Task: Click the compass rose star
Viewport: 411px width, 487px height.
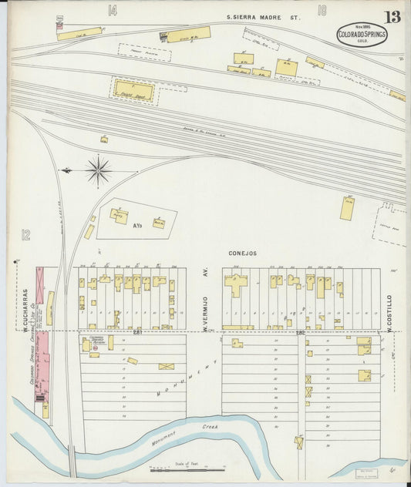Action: (x=99, y=170)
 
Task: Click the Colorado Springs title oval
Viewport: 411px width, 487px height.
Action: (x=362, y=34)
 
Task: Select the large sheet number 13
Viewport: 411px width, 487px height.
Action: (x=392, y=16)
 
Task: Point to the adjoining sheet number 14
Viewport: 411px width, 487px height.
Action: (x=113, y=10)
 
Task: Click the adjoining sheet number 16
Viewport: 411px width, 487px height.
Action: (x=322, y=10)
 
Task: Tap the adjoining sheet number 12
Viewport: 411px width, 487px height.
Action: (x=25, y=234)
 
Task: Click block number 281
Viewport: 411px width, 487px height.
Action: (x=138, y=332)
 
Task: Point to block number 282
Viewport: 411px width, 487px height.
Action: (x=299, y=332)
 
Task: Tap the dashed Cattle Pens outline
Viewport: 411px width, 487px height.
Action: (x=392, y=223)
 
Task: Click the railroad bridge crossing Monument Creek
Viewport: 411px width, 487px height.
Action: (x=72, y=462)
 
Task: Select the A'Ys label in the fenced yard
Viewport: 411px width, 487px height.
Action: (x=138, y=228)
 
